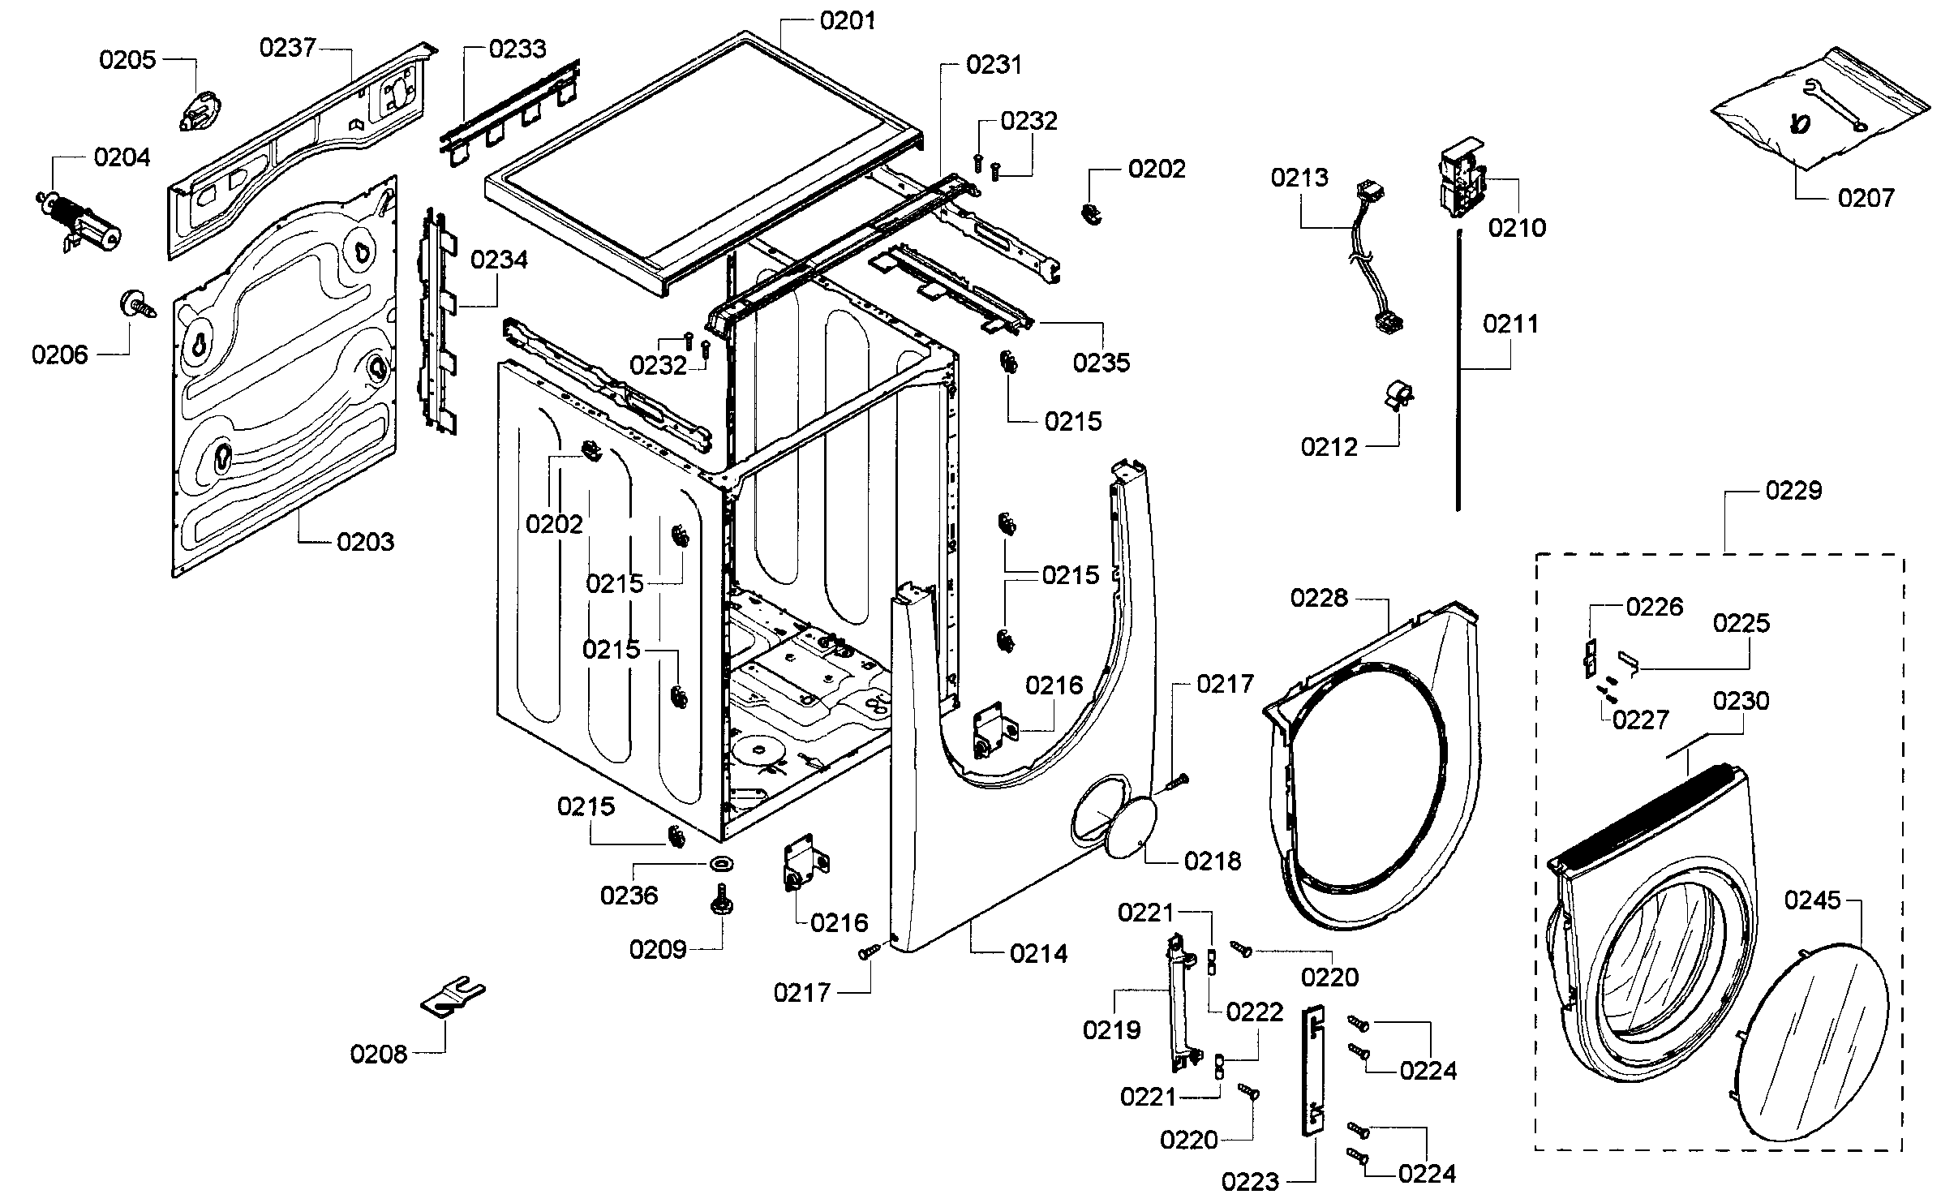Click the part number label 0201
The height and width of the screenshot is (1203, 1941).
pos(848,20)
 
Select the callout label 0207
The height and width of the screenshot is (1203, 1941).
pos(1866,198)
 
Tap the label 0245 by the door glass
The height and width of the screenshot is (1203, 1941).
pos(1813,900)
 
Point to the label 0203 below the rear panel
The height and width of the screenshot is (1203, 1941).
pos(365,542)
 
